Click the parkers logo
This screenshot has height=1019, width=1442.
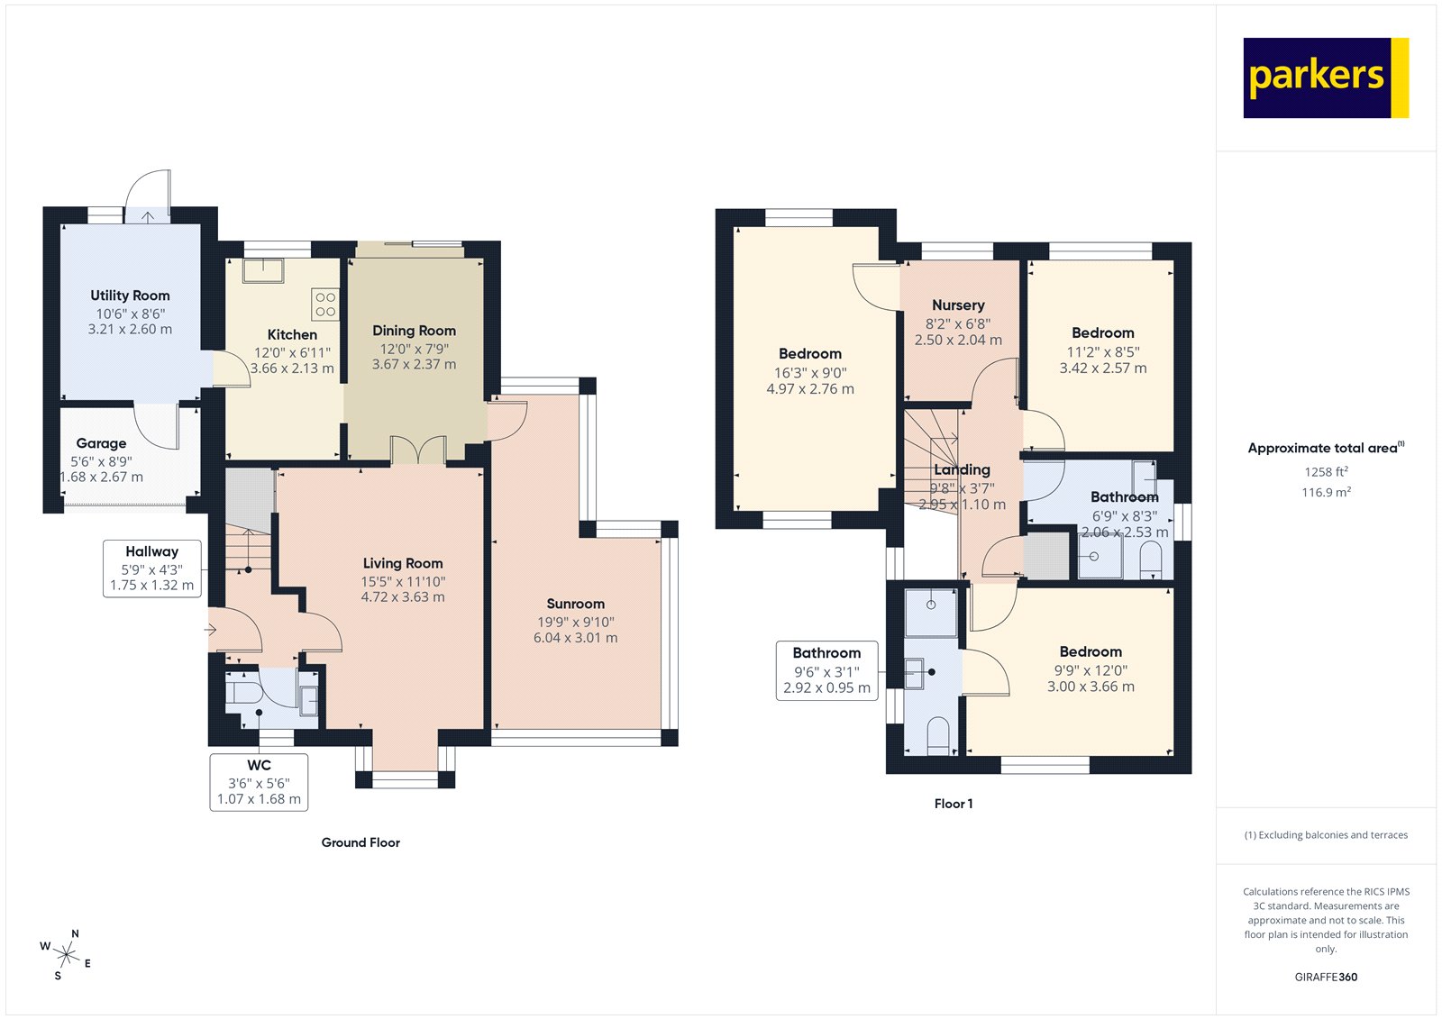(1325, 77)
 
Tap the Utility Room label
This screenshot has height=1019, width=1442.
(130, 296)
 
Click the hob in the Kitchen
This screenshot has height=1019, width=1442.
(325, 305)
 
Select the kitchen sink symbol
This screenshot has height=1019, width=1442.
(262, 269)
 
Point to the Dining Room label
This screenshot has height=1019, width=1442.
(414, 331)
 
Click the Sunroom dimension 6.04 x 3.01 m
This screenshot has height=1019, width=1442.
(575, 638)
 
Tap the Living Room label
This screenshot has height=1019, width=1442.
(403, 563)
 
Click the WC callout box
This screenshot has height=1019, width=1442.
(259, 782)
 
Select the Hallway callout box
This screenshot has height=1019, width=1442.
(151, 569)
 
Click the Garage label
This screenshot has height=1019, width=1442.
(101, 443)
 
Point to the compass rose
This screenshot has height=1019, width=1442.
(66, 954)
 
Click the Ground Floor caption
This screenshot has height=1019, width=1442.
(360, 842)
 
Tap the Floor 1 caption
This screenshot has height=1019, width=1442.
(953, 804)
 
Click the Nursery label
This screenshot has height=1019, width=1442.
(958, 305)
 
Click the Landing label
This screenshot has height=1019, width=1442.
(962, 469)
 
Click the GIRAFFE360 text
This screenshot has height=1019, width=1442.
(1326, 977)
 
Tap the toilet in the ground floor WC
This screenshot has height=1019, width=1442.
(241, 693)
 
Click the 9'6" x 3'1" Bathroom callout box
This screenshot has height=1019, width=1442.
(826, 670)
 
